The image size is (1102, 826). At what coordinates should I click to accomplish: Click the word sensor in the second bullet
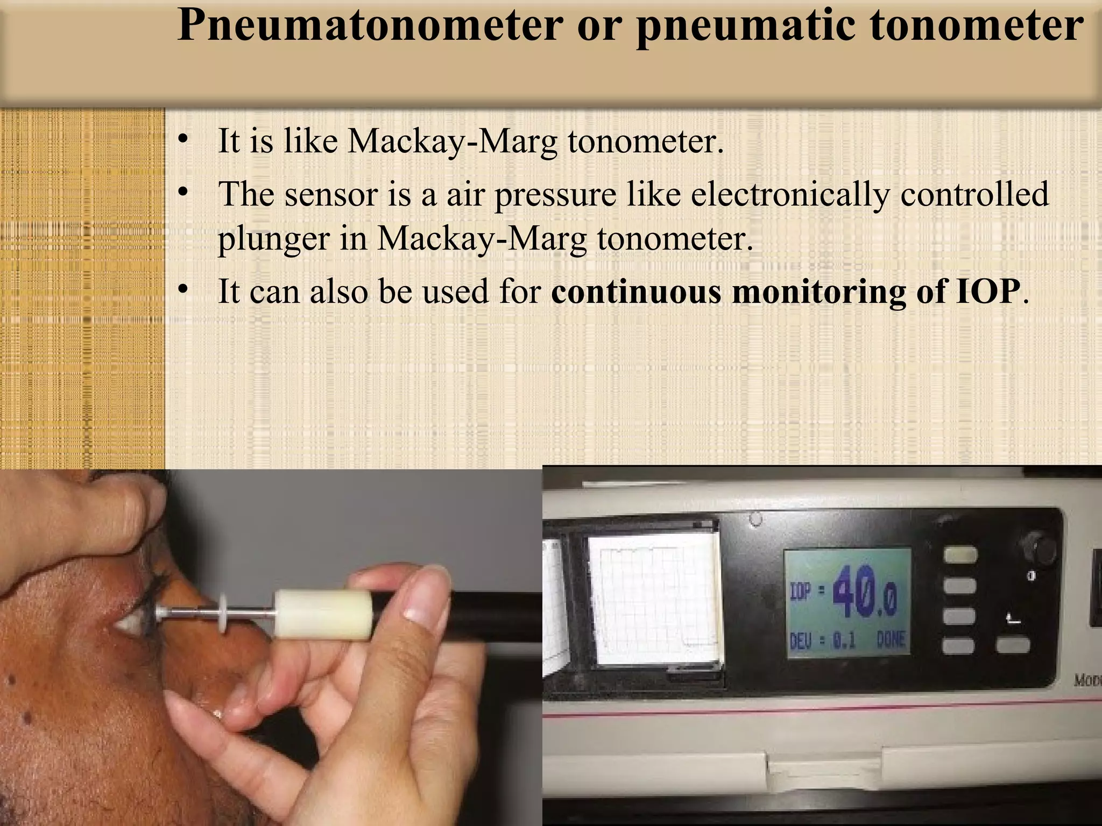pyautogui.click(x=330, y=194)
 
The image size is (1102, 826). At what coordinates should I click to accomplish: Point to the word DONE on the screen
pyautogui.click(x=891, y=640)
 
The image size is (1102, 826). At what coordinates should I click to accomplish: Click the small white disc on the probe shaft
pyautogui.click(x=223, y=613)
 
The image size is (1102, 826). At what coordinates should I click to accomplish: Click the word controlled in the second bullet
pyautogui.click(x=974, y=194)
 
